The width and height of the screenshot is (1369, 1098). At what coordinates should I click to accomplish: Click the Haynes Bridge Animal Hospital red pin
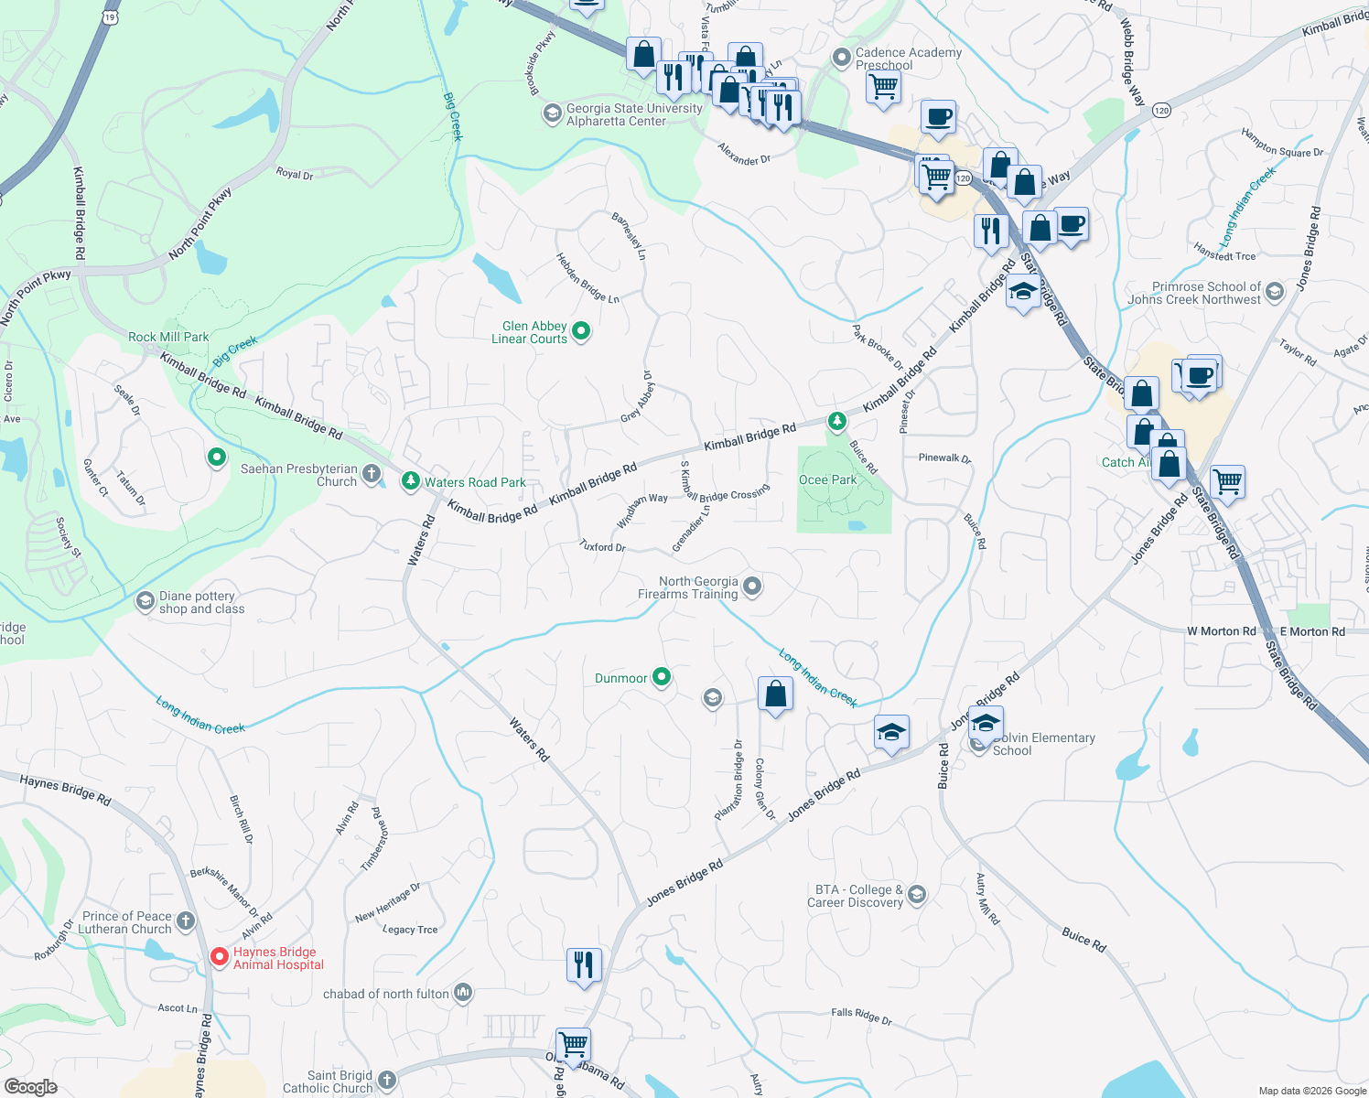tap(220, 957)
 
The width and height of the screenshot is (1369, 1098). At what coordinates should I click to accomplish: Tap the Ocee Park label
tap(827, 479)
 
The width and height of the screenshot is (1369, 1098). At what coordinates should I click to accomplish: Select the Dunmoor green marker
tap(661, 677)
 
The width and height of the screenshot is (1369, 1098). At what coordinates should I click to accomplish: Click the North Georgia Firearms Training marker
tap(752, 586)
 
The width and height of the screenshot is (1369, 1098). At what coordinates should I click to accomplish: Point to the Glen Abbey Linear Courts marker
tap(580, 330)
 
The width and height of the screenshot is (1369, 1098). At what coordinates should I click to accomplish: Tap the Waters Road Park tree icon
tap(411, 480)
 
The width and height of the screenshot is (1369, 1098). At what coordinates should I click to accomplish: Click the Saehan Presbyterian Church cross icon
tap(371, 473)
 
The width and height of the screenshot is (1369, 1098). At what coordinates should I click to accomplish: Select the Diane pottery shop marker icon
tap(145, 601)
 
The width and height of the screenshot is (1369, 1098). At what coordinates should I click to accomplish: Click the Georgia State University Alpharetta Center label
tap(633, 114)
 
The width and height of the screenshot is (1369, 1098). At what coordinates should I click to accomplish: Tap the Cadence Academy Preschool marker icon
tap(841, 58)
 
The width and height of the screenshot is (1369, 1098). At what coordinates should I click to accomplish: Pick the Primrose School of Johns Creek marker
tap(1276, 291)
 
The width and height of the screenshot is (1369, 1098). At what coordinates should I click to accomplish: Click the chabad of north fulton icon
tap(462, 993)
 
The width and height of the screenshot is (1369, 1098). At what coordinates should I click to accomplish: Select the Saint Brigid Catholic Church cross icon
tap(386, 1081)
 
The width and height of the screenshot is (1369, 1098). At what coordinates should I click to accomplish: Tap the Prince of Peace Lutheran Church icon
tap(186, 920)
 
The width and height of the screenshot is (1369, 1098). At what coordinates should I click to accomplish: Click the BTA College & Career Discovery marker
tap(917, 894)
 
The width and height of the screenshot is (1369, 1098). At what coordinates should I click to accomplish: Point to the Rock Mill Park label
tap(168, 337)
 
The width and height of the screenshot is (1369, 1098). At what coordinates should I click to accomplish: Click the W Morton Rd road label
tap(1221, 631)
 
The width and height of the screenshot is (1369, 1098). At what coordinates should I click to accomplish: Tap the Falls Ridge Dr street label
tap(861, 1015)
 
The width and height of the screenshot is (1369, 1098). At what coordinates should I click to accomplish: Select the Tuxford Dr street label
tap(602, 546)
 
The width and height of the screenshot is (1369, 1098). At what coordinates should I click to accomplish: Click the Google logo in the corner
tap(31, 1086)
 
